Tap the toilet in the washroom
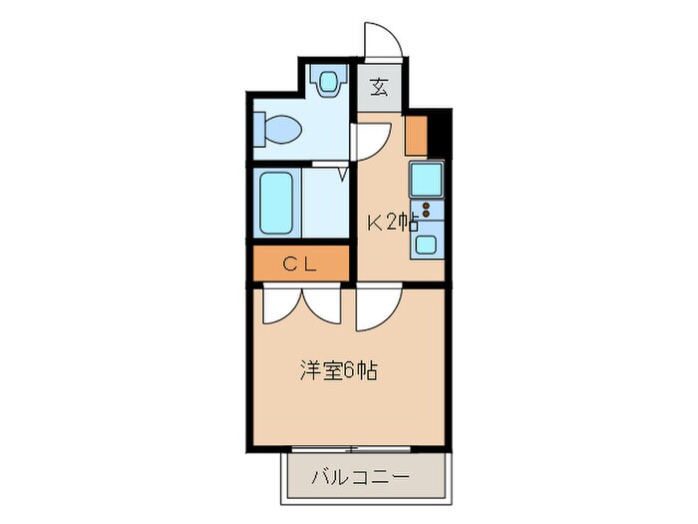(x=278, y=129)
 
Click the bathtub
(x=276, y=202)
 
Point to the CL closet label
(x=299, y=264)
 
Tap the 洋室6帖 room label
(x=339, y=371)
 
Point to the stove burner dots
(x=427, y=211)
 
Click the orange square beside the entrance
(x=416, y=134)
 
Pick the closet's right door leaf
(x=325, y=304)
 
